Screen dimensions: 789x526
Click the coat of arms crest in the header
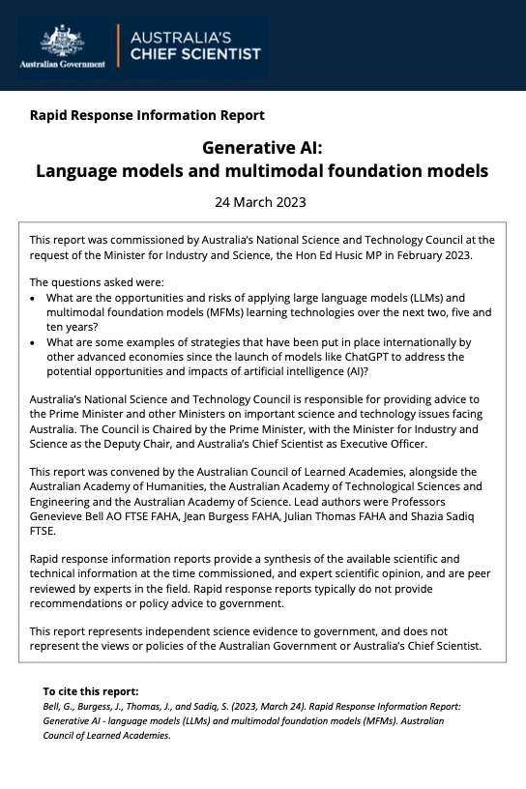pyautogui.click(x=63, y=41)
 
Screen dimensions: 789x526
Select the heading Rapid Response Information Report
pyautogui.click(x=147, y=115)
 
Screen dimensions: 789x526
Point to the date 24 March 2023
pyautogui.click(x=261, y=202)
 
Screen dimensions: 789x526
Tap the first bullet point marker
pyautogui.click(x=35, y=299)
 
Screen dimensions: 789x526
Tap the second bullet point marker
pyautogui.click(x=35, y=343)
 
